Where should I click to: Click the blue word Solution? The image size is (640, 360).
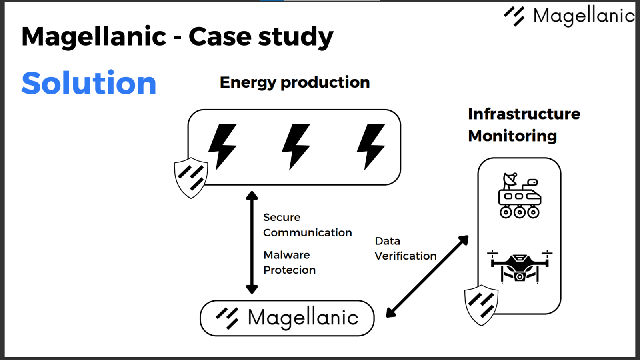89,83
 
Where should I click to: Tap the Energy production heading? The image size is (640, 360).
294,82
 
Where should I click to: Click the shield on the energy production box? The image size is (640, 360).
191,178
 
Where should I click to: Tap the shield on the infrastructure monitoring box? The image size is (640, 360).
481,305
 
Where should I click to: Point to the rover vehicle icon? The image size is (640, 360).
519,196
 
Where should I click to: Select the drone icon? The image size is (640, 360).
519,266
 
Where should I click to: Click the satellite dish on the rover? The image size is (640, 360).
510,180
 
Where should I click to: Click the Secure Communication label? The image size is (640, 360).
307,225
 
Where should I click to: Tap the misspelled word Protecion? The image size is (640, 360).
289,270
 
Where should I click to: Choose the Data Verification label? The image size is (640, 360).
405,248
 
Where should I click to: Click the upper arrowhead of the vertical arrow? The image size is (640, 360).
252,196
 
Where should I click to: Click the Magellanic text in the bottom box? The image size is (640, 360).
303,318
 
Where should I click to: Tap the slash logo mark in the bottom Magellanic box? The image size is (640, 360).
227,318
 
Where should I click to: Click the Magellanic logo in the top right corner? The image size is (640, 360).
569,16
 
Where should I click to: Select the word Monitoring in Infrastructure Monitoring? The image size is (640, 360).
512,136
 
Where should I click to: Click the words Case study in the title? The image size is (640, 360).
260,36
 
